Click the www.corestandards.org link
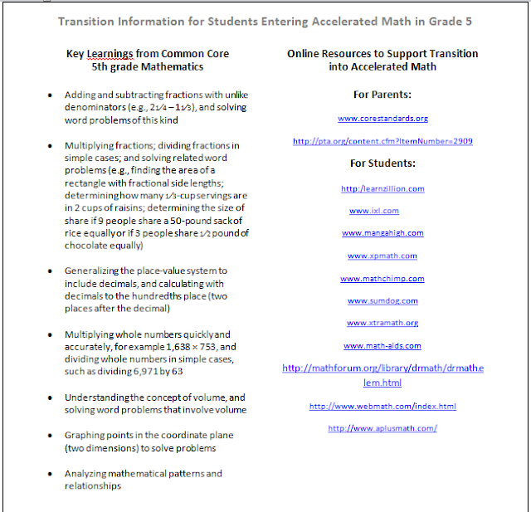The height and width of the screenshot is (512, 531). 382,119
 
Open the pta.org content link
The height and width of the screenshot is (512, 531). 382,142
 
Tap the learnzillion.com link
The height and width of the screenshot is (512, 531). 382,188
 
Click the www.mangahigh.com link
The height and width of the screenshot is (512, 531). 382,233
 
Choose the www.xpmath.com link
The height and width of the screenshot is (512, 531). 382,256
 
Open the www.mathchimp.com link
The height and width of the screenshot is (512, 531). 382,279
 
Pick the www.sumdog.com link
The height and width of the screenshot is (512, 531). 382,300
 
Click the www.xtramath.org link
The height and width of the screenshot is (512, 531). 382,323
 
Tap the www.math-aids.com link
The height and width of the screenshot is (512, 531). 382,345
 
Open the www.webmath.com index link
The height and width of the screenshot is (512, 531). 382,407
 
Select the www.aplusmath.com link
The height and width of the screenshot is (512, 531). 382,428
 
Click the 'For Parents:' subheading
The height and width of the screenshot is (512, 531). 382,95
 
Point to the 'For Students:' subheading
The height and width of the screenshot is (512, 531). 382,163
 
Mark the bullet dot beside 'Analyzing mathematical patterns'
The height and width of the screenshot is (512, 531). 52,474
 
